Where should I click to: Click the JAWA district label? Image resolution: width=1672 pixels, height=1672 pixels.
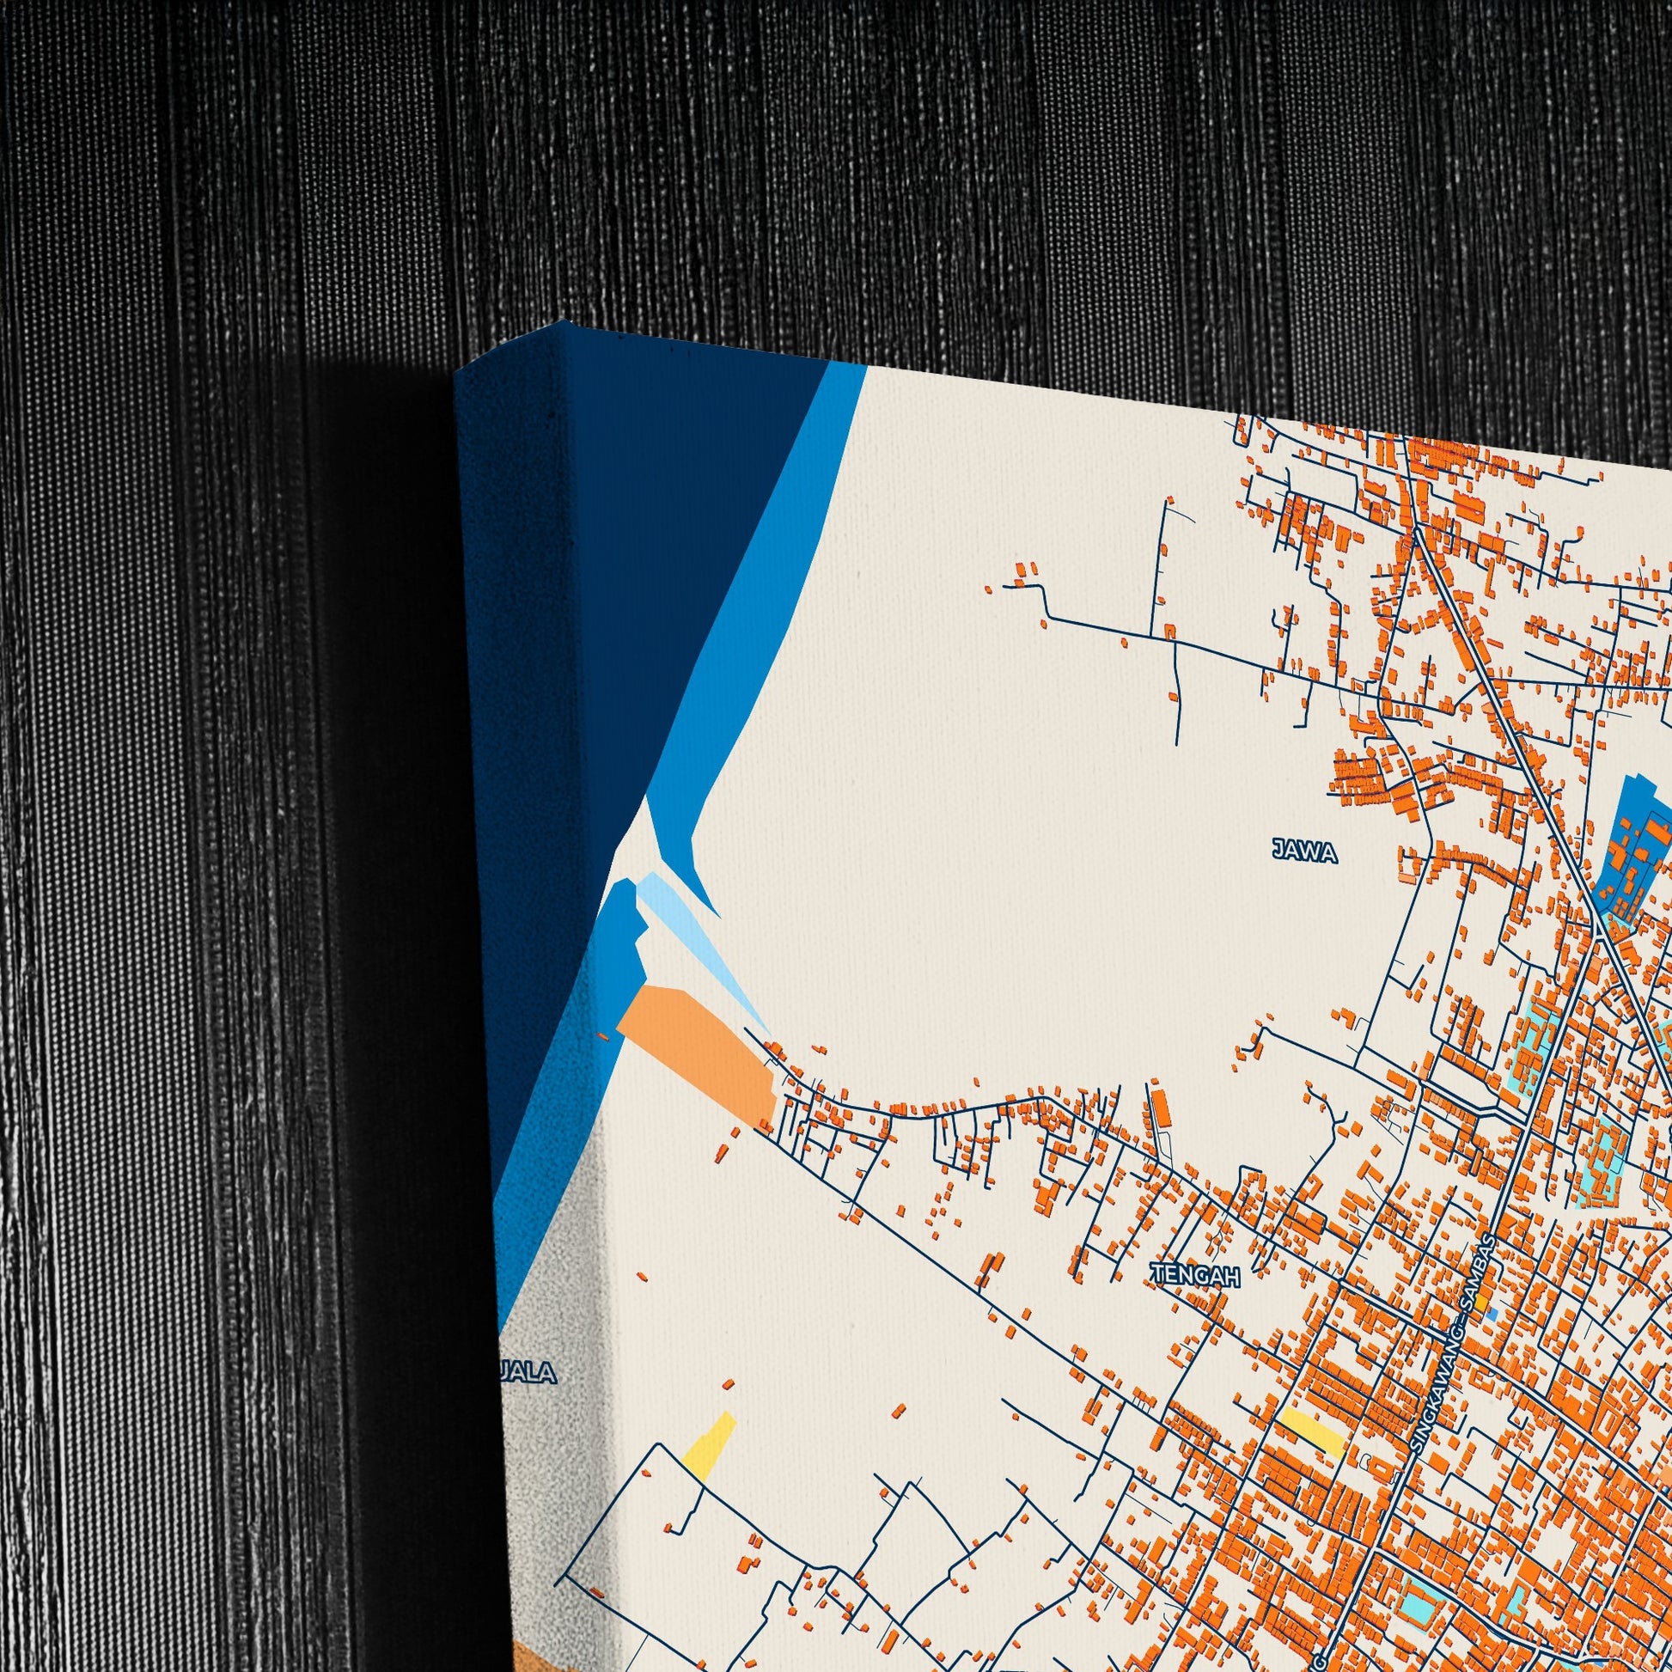click(x=1305, y=852)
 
